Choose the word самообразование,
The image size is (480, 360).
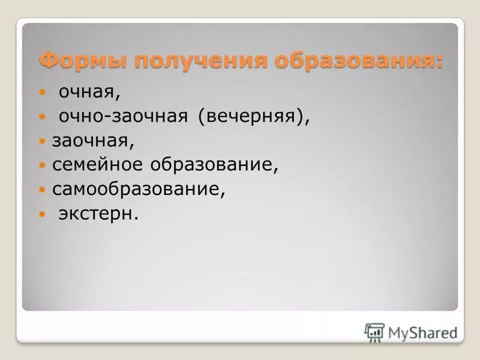click(139, 190)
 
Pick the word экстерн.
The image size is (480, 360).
click(98, 214)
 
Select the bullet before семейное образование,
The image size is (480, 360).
click(41, 166)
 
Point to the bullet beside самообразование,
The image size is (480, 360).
click(41, 190)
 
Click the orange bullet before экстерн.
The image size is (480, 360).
click(41, 214)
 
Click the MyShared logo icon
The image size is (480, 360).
click(374, 331)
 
